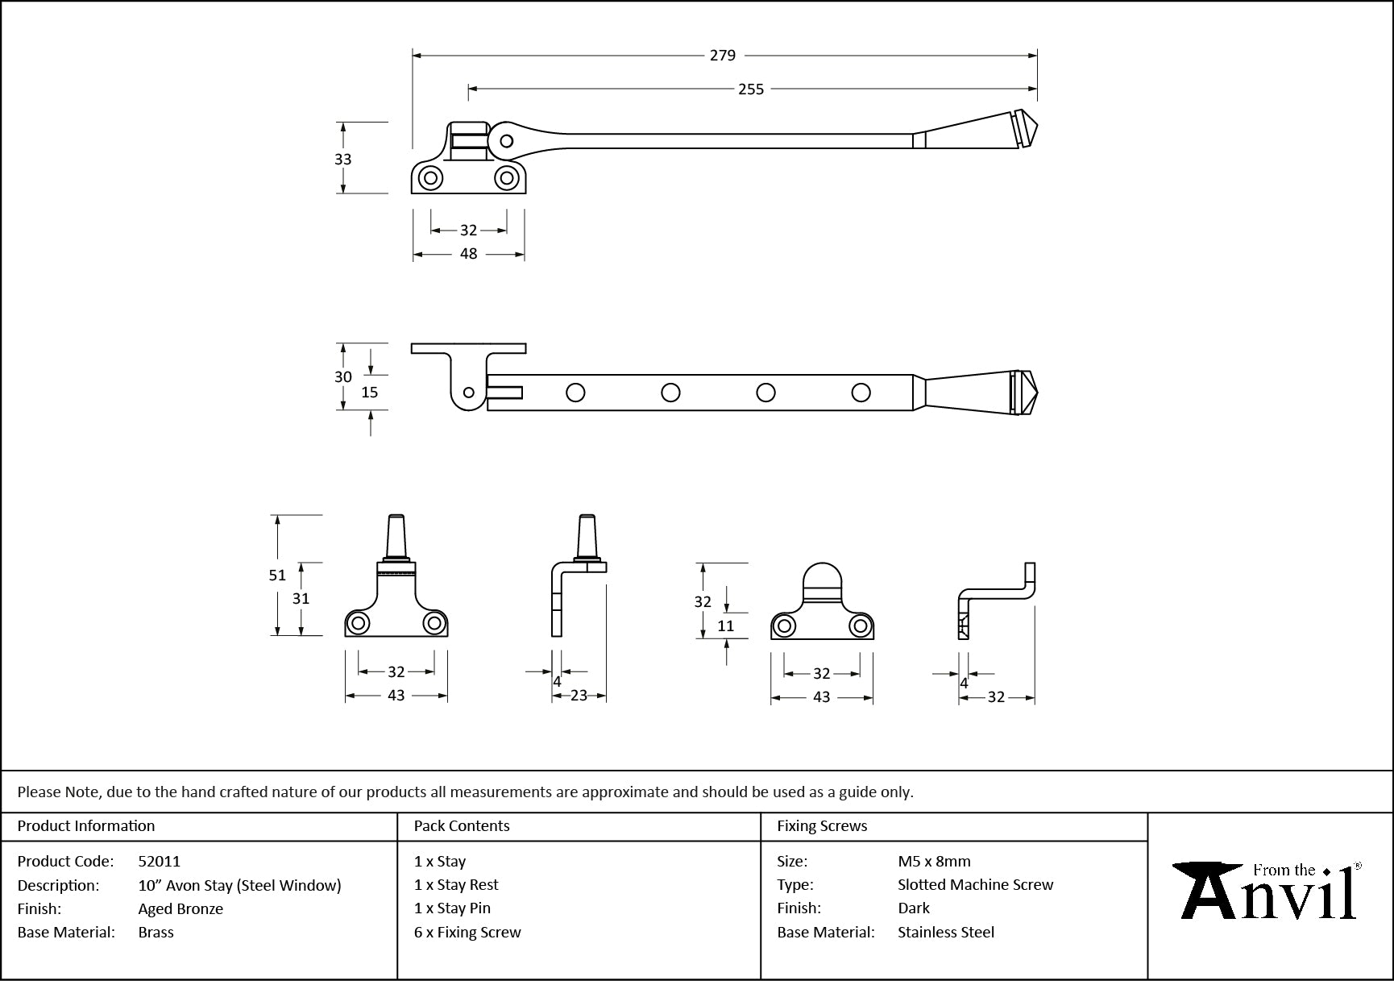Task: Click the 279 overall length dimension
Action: pyautogui.click(x=723, y=56)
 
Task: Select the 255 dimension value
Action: pyautogui.click(x=750, y=89)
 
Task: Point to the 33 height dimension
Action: pyautogui.click(x=343, y=160)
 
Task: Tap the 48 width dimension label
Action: pyautogui.click(x=468, y=254)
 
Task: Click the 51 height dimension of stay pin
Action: pyautogui.click(x=277, y=576)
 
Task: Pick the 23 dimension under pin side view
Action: pyautogui.click(x=579, y=696)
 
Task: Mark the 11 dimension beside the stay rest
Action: pyautogui.click(x=725, y=626)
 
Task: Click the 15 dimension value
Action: pyautogui.click(x=370, y=393)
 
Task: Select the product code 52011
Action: pyautogui.click(x=160, y=862)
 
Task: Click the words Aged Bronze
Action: pyautogui.click(x=180, y=909)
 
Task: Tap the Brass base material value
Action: pyautogui.click(x=156, y=933)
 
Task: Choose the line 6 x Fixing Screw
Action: pyautogui.click(x=467, y=933)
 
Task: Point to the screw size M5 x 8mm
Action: pyautogui.click(x=934, y=862)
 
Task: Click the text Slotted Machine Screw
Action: pyautogui.click(x=975, y=885)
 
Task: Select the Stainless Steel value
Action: pyautogui.click(x=946, y=933)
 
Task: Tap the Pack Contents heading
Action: pyautogui.click(x=462, y=826)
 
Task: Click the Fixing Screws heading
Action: pyautogui.click(x=822, y=826)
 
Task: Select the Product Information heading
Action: pyautogui.click(x=86, y=826)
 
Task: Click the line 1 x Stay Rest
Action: pyautogui.click(x=456, y=885)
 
